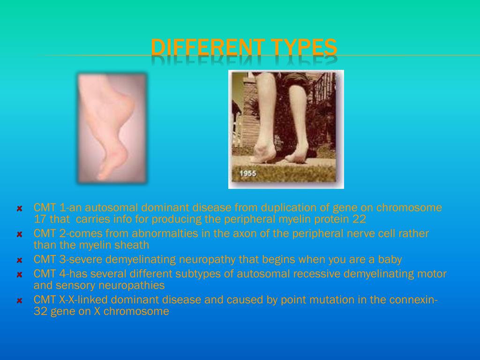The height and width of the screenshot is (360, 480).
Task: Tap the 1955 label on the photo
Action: point(247,173)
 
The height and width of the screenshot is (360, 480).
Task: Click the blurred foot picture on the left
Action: point(112,127)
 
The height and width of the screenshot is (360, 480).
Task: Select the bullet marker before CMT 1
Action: point(20,209)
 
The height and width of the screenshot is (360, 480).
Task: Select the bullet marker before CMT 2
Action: point(20,234)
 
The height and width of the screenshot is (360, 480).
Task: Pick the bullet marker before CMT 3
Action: point(20,260)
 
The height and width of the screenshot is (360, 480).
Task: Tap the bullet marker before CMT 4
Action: point(20,275)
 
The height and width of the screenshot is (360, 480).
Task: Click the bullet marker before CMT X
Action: point(20,300)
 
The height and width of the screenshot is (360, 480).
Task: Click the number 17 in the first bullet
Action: point(39,219)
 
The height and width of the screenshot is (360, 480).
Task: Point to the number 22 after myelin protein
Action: point(360,219)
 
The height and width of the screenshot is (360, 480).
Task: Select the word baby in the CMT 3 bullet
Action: point(390,259)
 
